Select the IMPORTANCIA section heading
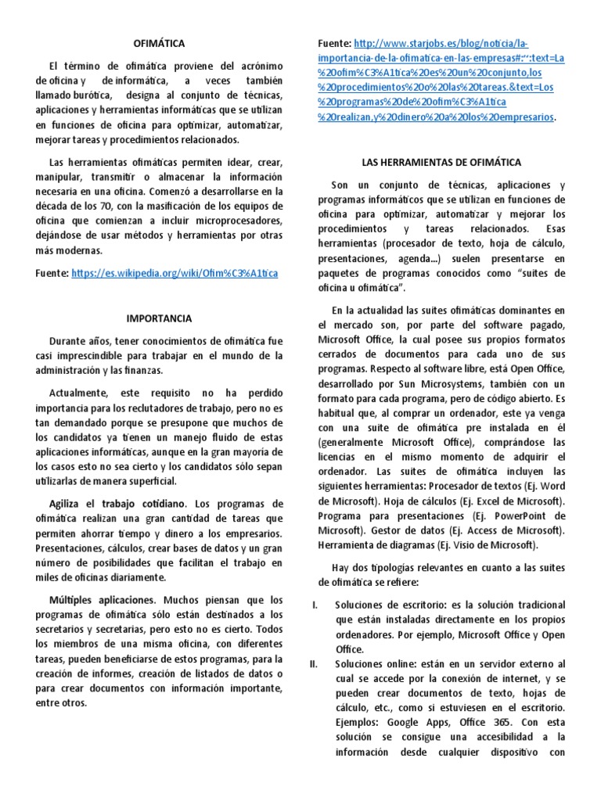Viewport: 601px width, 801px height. point(160,318)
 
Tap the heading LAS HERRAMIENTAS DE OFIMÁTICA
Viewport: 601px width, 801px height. point(441,162)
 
